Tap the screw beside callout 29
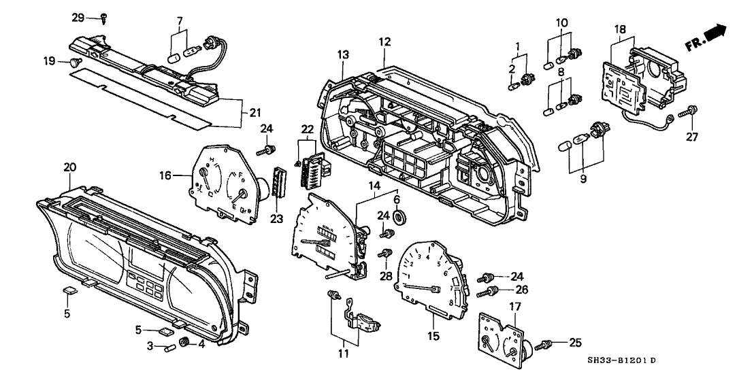click(102, 18)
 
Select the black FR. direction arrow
click(715, 33)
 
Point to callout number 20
click(69, 167)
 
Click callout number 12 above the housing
click(385, 41)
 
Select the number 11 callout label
click(344, 353)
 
